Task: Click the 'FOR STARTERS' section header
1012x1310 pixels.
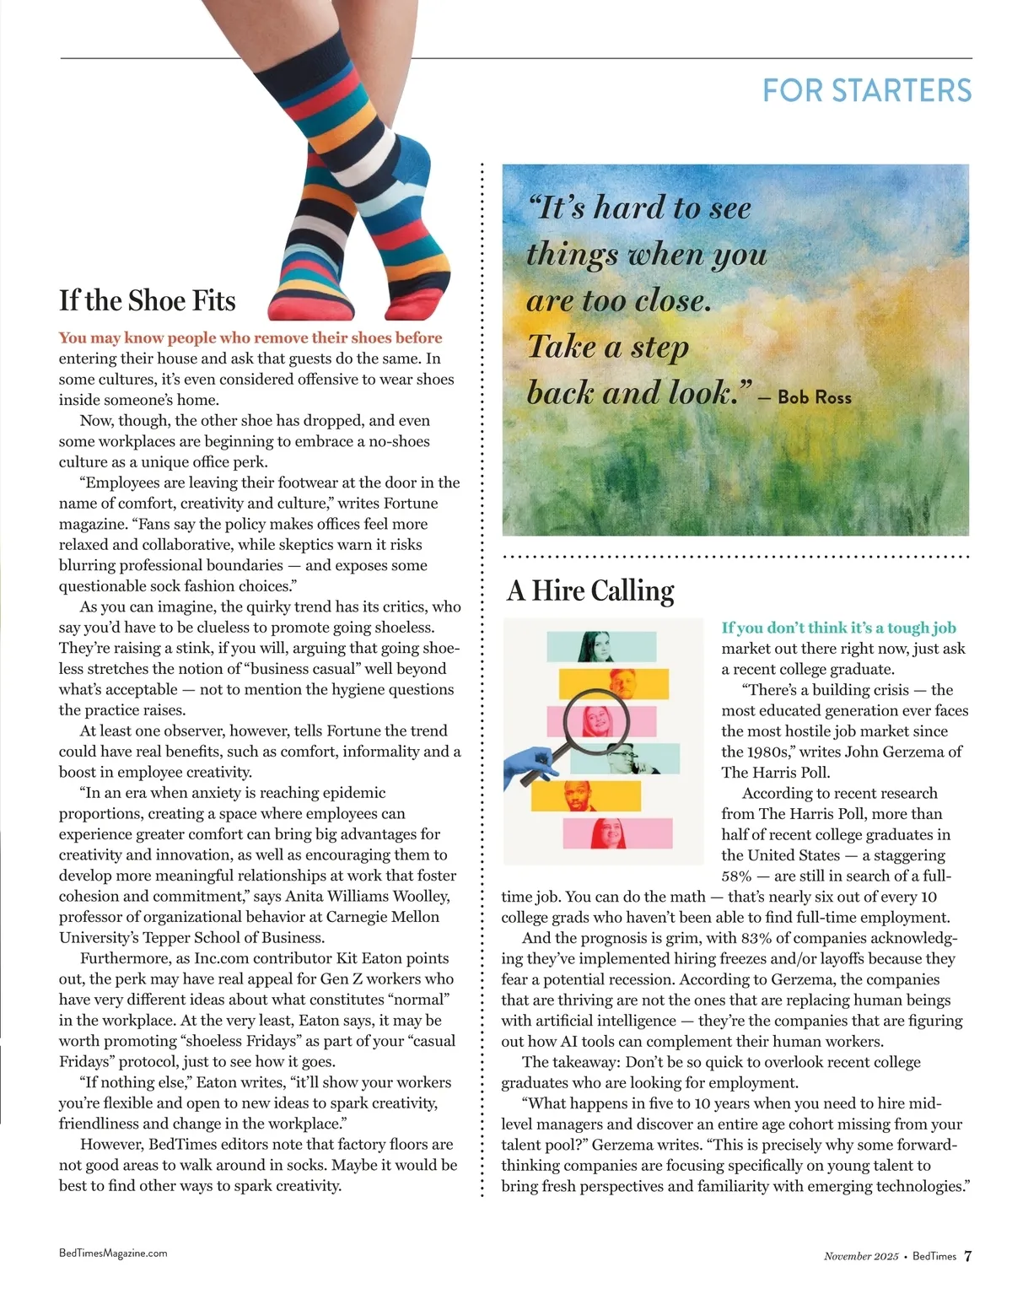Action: click(867, 90)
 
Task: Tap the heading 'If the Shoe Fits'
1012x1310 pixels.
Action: click(147, 300)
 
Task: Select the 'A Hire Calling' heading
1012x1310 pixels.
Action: click(590, 590)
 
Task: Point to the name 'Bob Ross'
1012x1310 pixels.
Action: click(814, 396)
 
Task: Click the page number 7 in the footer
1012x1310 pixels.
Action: click(968, 1255)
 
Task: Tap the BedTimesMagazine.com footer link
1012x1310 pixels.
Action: click(113, 1253)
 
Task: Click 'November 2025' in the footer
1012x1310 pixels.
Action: click(861, 1256)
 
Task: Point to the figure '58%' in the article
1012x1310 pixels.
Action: click(736, 876)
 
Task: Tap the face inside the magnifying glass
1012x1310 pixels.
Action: click(595, 722)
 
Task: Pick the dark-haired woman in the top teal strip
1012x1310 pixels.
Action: click(595, 646)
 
